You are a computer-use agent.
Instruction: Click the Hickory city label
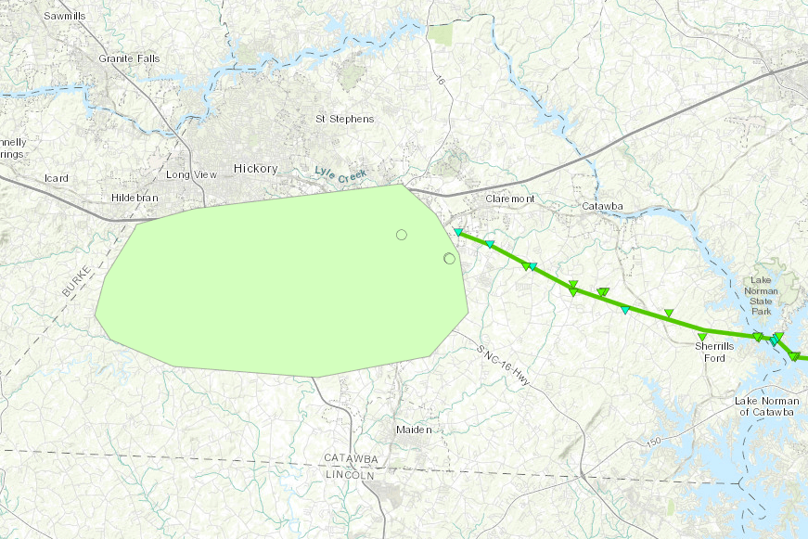255,169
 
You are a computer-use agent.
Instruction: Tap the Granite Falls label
129,59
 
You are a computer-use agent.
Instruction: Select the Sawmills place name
64,17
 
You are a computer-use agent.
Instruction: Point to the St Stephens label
345,119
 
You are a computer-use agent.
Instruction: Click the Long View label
191,174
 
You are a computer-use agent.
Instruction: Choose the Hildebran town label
135,199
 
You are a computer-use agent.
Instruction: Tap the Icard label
58,177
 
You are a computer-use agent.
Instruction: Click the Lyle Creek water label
340,173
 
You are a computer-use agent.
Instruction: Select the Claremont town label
510,199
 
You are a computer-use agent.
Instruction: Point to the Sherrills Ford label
715,352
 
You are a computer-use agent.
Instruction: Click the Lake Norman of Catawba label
765,405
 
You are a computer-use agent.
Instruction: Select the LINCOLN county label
350,475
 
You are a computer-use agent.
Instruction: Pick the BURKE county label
78,280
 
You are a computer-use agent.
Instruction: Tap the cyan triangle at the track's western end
458,232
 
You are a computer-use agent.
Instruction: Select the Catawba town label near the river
603,206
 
